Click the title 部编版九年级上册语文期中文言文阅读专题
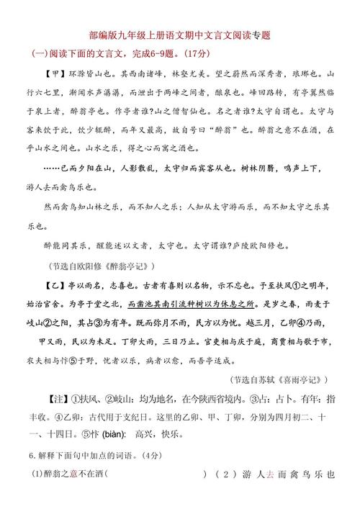tap(180, 34)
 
